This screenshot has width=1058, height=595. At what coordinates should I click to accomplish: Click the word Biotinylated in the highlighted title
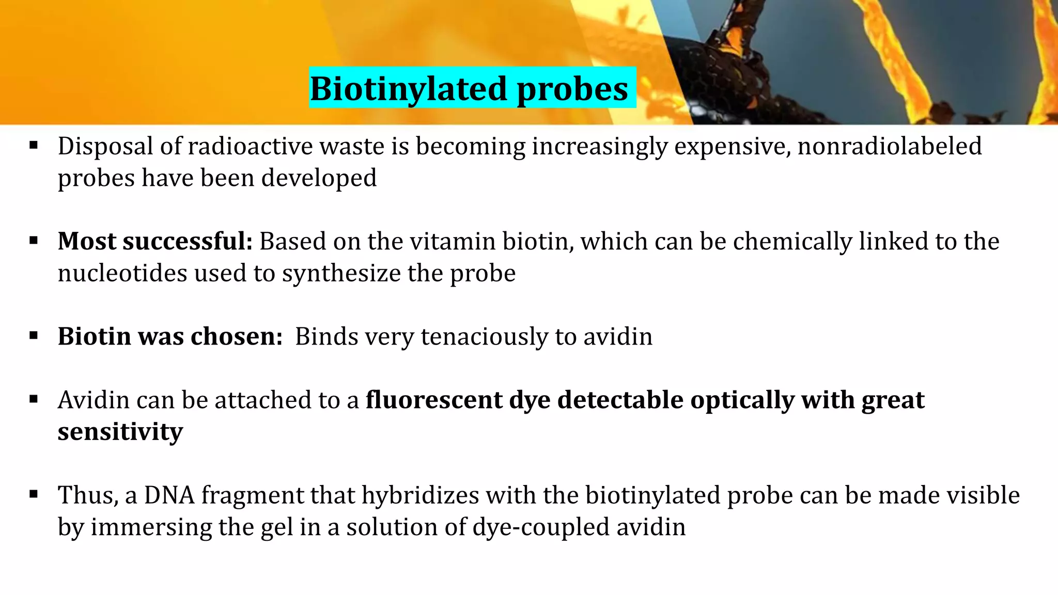[x=409, y=89]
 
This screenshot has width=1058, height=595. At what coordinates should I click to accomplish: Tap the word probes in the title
[x=572, y=89]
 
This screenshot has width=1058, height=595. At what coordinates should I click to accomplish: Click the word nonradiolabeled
[x=890, y=146]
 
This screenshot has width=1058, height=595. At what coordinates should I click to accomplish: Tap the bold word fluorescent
[x=434, y=400]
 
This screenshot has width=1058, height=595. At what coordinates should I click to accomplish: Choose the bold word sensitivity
[x=120, y=432]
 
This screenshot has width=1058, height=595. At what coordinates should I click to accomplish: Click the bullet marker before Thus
[x=34, y=495]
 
